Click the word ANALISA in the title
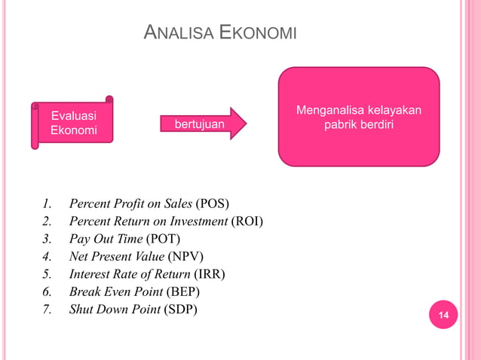click(177, 33)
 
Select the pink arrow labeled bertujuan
click(204, 123)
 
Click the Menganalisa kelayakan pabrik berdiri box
click(358, 117)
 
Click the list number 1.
click(47, 204)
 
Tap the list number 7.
click(47, 309)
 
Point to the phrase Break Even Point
click(113, 291)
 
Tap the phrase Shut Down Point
click(114, 309)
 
